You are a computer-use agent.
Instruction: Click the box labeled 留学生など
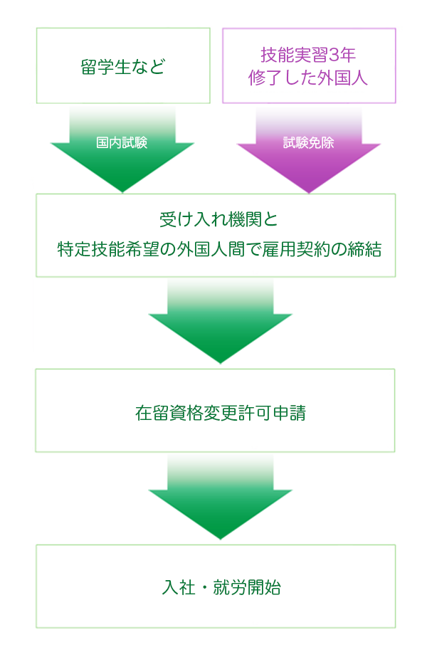click(123, 65)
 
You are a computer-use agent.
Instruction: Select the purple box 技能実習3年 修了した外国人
click(309, 65)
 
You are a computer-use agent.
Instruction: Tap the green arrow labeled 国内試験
click(122, 153)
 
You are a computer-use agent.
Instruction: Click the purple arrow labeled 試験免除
click(309, 153)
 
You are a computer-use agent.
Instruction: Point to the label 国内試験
click(122, 142)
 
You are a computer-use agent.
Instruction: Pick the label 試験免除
click(308, 142)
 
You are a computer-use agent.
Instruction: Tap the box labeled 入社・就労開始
click(215, 586)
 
